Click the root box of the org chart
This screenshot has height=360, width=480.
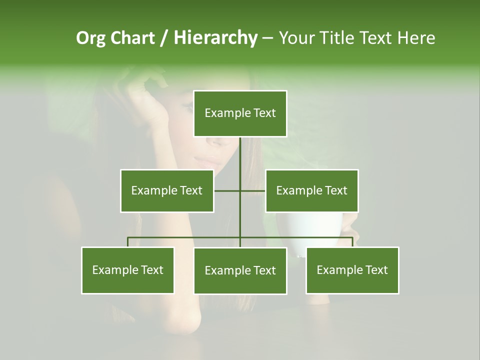pyautogui.click(x=240, y=113)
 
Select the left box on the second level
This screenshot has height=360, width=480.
pyautogui.click(x=167, y=190)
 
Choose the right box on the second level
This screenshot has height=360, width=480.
pyautogui.click(x=311, y=190)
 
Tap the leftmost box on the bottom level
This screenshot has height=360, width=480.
pyautogui.click(x=128, y=270)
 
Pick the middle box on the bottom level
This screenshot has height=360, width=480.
pyautogui.click(x=240, y=270)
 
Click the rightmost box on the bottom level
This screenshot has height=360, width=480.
pyautogui.click(x=352, y=270)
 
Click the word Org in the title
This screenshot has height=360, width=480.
pyautogui.click(x=90, y=38)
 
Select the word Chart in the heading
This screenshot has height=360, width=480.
pyautogui.click(x=132, y=38)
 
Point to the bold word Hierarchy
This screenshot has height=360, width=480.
pyautogui.click(x=215, y=38)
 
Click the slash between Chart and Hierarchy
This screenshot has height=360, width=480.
pyautogui.click(x=164, y=38)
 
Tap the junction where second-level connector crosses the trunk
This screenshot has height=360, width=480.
pyautogui.click(x=240, y=190)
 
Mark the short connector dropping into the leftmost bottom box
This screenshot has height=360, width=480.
pyautogui.click(x=128, y=242)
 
